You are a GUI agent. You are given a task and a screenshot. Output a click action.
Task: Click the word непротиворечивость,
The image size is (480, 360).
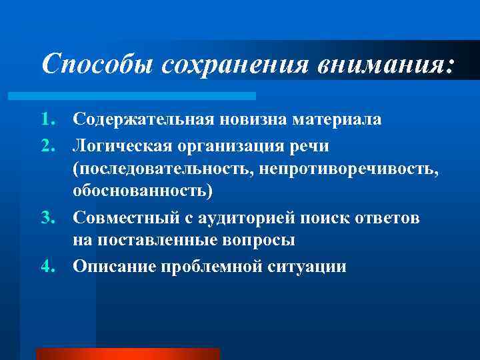pyautogui.click(x=349, y=169)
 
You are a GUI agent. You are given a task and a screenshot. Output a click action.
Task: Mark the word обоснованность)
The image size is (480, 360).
pyautogui.click(x=143, y=193)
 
